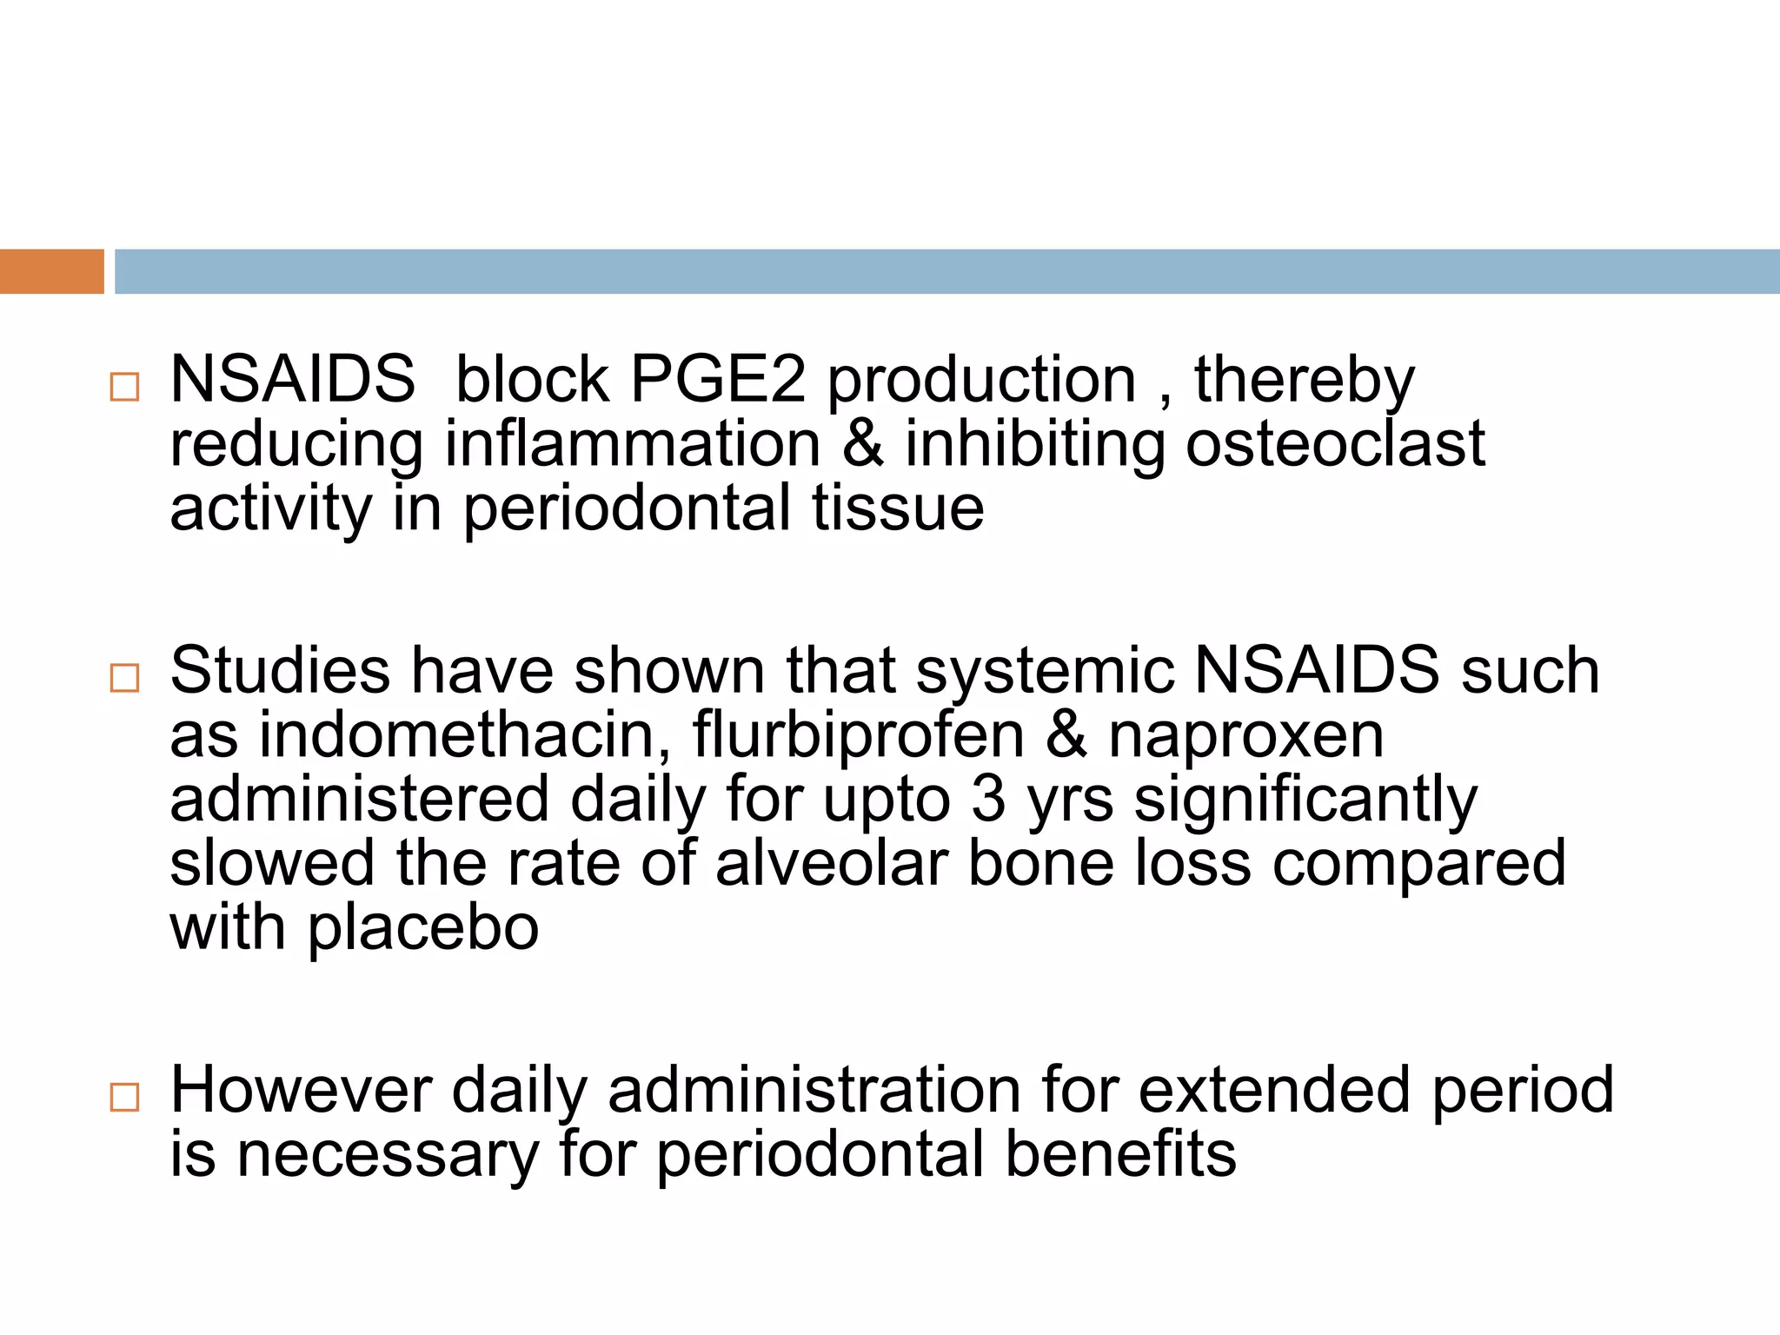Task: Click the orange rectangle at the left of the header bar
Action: pyautogui.click(x=51, y=271)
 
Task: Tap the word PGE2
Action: pyautogui.click(x=717, y=380)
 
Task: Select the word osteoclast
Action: pyautogui.click(x=1335, y=444)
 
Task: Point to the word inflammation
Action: pyautogui.click(x=633, y=444)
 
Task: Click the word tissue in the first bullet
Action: pyautogui.click(x=898, y=508)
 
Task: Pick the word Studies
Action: pyautogui.click(x=280, y=671)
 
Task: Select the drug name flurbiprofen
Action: pyautogui.click(x=859, y=735)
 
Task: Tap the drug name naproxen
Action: pyautogui.click(x=1245, y=735)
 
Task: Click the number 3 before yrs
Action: pyautogui.click(x=988, y=800)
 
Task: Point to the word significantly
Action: pyautogui.click(x=1305, y=800)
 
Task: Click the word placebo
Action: pyautogui.click(x=423, y=928)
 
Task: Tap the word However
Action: pyautogui.click(x=301, y=1090)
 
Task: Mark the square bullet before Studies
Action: pyautogui.click(x=125, y=677)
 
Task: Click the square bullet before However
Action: pyautogui.click(x=125, y=1097)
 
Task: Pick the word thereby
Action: pyautogui.click(x=1304, y=380)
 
